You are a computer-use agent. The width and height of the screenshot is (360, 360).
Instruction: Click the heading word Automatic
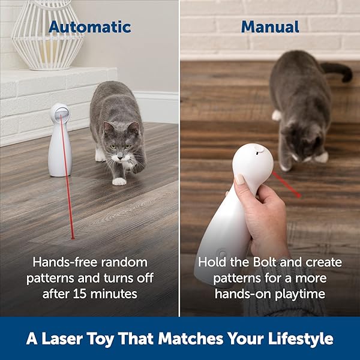89,27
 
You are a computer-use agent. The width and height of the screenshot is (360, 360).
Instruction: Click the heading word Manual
270,27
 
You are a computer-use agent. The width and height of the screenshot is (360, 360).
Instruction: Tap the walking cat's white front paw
119,181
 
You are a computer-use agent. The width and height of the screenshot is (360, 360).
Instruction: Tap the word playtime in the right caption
299,293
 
